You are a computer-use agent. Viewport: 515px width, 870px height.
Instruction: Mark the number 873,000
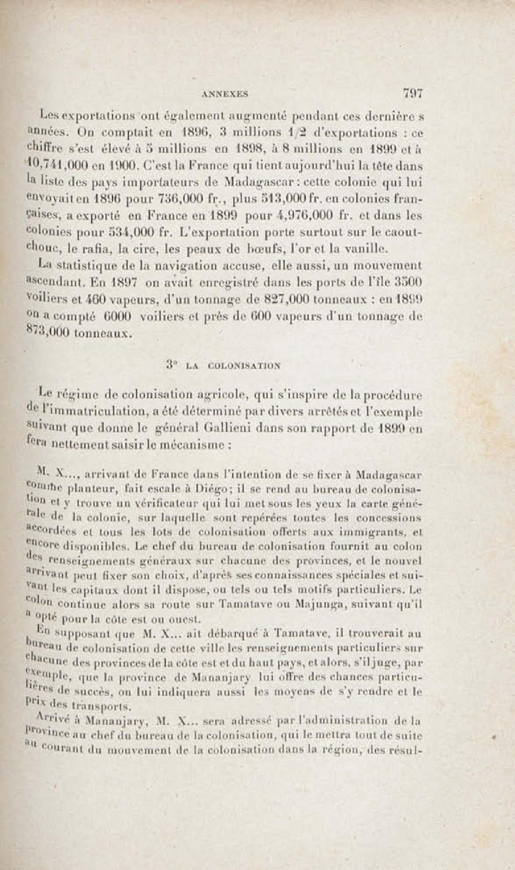[49, 333]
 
